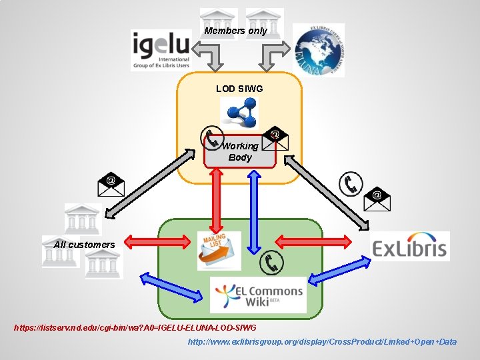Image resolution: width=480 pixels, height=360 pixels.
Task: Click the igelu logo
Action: click(161, 50)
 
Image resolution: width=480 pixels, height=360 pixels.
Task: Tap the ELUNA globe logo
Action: click(318, 51)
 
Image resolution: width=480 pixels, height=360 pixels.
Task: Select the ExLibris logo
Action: click(410, 247)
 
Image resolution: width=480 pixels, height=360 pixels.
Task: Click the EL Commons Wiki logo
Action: click(259, 295)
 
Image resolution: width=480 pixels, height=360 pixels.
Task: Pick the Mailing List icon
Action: click(219, 251)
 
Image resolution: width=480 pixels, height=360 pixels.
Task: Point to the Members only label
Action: click(235, 31)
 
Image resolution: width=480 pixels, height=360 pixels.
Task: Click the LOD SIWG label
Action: click(239, 88)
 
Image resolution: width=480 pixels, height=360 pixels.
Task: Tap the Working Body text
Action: click(240, 151)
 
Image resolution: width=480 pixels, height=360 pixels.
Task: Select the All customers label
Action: click(84, 245)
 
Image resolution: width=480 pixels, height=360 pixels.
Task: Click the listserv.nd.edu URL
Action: click(135, 328)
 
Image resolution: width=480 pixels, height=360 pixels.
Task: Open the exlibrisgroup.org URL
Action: click(322, 341)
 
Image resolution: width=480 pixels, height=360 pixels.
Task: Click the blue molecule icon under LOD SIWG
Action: click(239, 113)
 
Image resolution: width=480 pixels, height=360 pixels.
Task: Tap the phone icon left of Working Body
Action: click(212, 138)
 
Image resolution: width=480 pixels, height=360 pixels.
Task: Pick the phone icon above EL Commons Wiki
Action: click(272, 263)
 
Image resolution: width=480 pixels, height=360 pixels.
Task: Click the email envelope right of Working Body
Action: click(274, 137)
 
